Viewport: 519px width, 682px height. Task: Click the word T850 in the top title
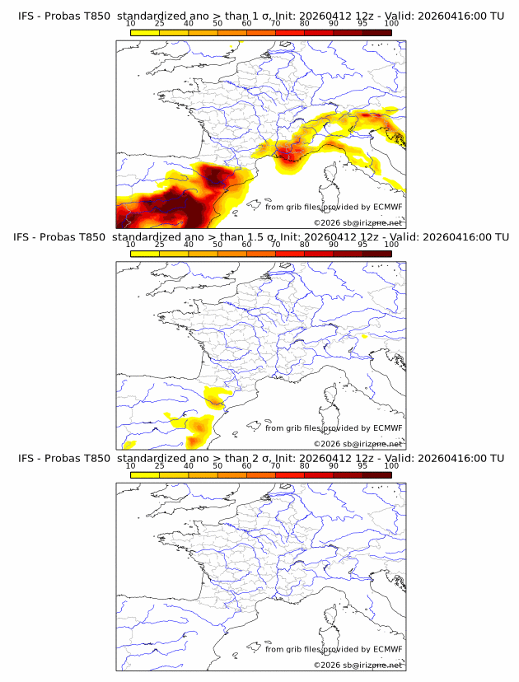pos(91,16)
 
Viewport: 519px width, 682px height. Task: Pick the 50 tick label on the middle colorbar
pos(217,245)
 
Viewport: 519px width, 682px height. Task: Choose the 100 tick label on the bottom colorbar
pos(391,465)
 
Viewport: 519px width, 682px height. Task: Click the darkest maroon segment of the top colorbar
pos(376,32)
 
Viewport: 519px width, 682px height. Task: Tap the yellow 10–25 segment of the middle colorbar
pos(144,254)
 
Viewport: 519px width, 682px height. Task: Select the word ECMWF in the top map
pos(387,207)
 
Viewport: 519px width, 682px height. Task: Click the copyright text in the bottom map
pos(358,665)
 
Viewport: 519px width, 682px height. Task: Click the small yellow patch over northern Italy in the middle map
pos(365,336)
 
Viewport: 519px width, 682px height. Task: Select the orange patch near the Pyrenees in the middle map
pos(216,400)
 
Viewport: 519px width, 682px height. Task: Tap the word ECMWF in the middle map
pos(387,428)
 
